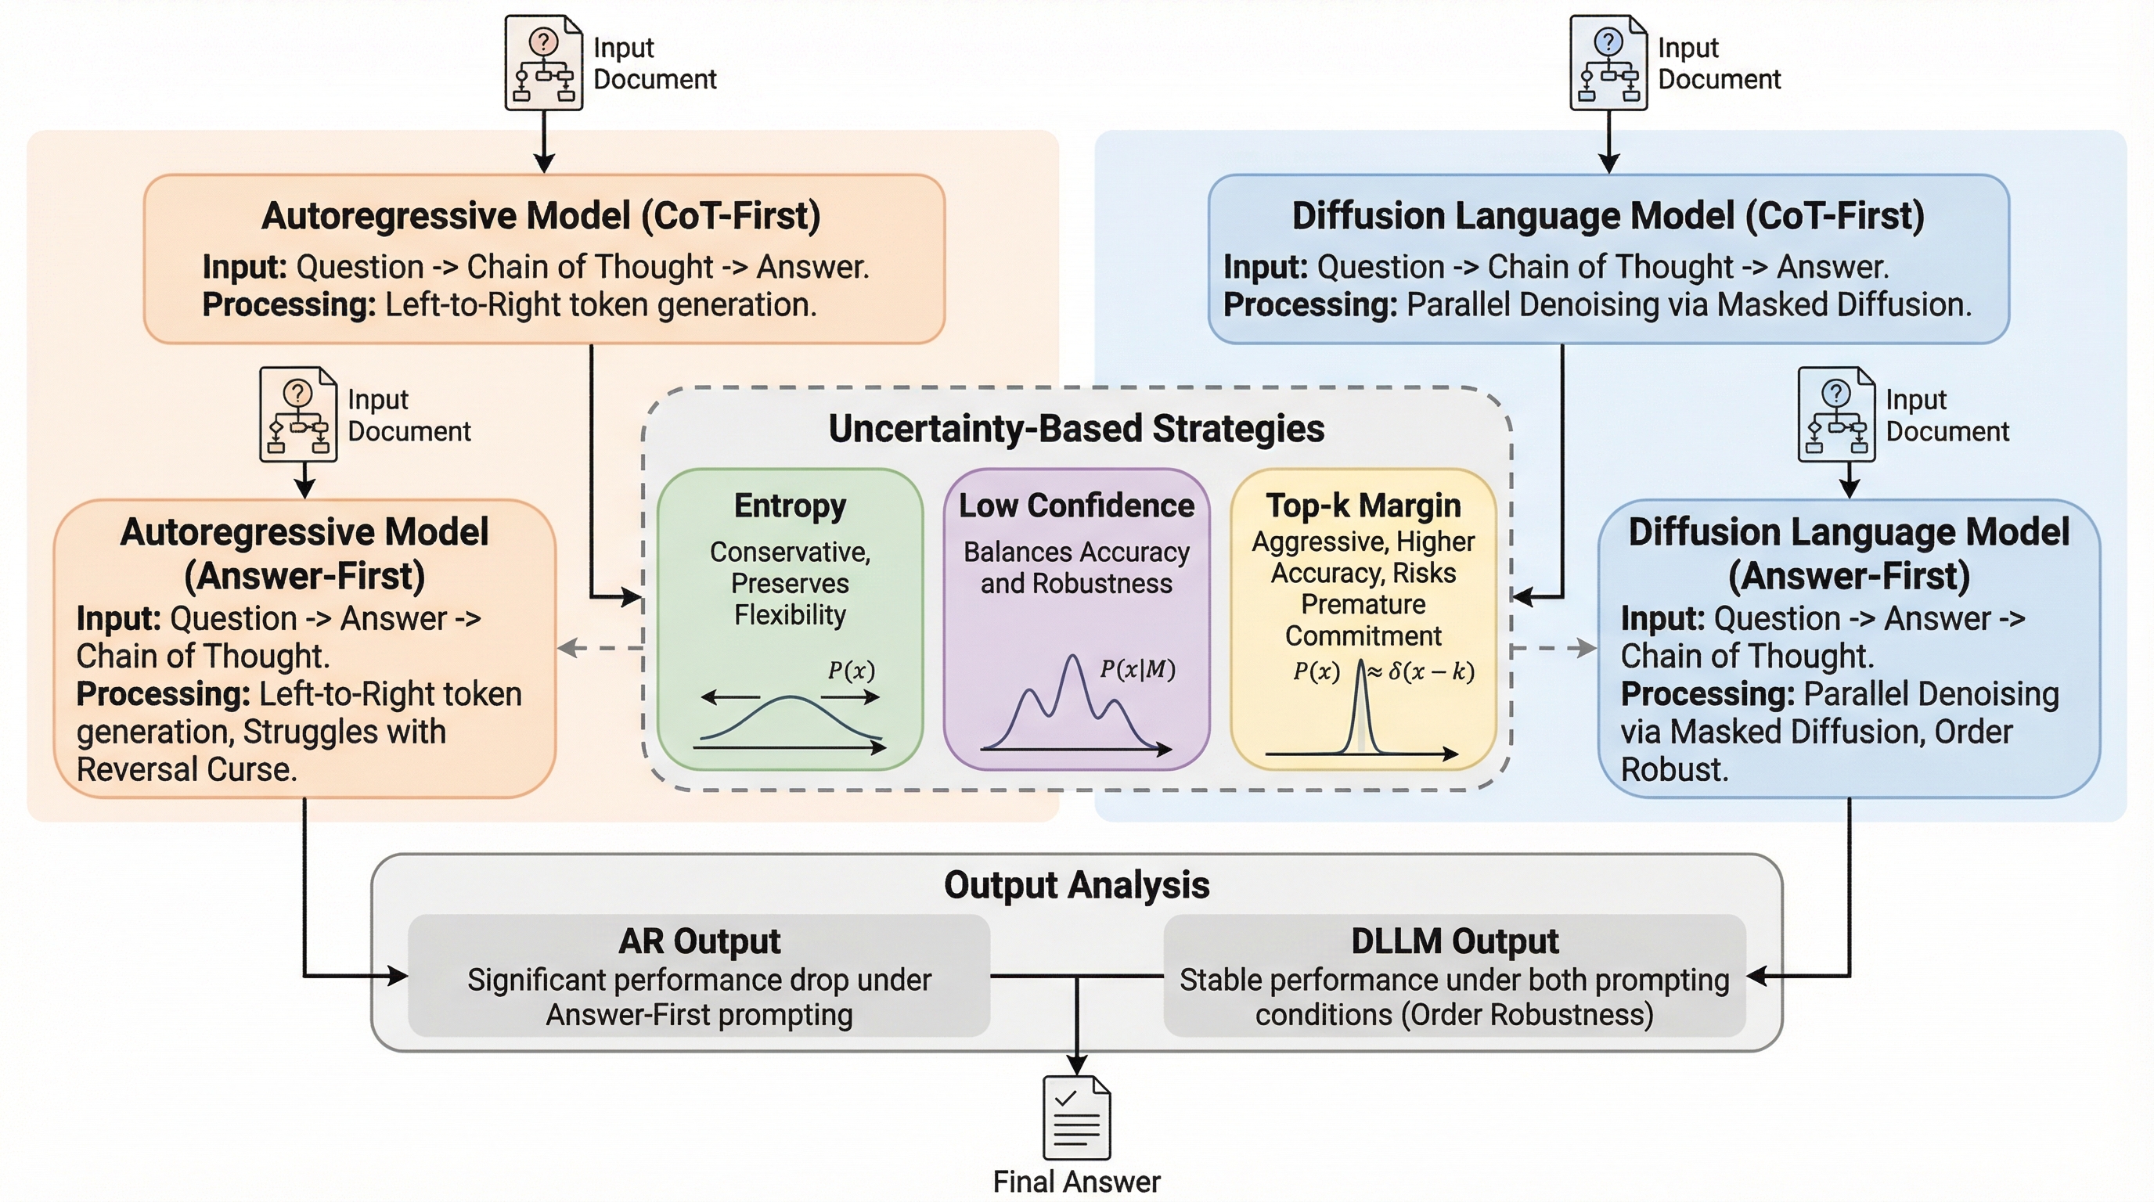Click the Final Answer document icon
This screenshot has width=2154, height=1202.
click(x=1077, y=1117)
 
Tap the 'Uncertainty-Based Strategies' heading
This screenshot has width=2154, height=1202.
click(x=1076, y=429)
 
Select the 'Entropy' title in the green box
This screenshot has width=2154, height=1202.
click(x=791, y=506)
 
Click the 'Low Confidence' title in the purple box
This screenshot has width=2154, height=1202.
click(x=1076, y=506)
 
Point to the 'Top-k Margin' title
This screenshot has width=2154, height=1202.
click(x=1363, y=506)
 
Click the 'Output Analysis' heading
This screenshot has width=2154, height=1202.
click(x=1076, y=885)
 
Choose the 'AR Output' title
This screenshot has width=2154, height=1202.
click(x=699, y=941)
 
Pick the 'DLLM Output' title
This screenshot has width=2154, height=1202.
click(x=1454, y=941)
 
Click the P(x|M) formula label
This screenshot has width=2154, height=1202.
click(x=1137, y=670)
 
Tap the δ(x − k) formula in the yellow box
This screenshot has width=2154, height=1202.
click(x=1431, y=671)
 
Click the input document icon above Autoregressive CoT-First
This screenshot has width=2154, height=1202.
click(x=543, y=63)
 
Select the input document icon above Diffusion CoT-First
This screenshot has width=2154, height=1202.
click(x=1608, y=63)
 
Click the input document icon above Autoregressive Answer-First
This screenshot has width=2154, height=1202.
click(x=298, y=415)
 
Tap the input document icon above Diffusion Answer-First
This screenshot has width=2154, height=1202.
click(x=1836, y=415)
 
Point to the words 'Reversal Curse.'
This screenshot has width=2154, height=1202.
click(x=186, y=770)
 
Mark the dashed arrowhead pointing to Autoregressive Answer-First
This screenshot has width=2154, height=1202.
click(x=566, y=648)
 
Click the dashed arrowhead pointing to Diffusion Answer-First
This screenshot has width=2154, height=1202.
click(x=1587, y=648)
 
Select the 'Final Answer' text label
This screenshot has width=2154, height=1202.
click(x=1076, y=1182)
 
